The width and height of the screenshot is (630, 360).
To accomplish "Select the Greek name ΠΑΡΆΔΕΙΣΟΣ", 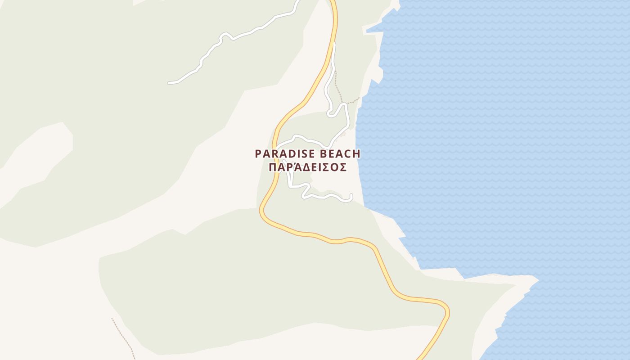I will pos(307,167).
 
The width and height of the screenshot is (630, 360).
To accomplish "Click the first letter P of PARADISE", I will pos(258,154).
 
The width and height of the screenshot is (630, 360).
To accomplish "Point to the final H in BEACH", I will pos(356,154).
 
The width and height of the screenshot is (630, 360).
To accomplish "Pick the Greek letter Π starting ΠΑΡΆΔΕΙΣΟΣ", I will pos(272,167).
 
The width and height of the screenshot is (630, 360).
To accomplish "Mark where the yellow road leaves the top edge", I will pos(333,1).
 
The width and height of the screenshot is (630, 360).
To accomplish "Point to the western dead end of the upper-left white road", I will pos(169,83).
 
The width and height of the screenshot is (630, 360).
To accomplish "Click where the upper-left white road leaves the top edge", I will pos(297,1).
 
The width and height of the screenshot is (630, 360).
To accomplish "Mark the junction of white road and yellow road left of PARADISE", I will pos(276,148).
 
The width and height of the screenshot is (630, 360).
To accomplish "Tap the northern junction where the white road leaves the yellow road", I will pos(333,45).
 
